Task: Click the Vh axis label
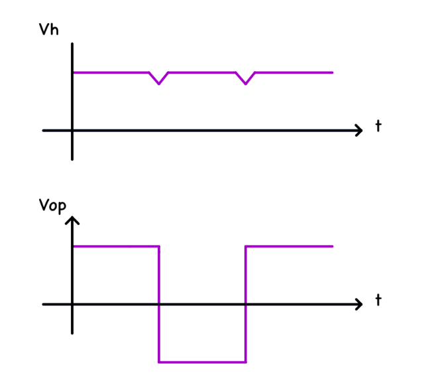pyautogui.click(x=49, y=30)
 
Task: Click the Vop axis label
pyautogui.click(x=52, y=205)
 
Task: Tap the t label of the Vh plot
pyautogui.click(x=378, y=125)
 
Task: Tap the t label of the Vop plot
pyautogui.click(x=378, y=300)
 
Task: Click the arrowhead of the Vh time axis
pyautogui.click(x=359, y=130)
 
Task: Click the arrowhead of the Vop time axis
pyautogui.click(x=359, y=304)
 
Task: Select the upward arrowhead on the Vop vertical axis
pyautogui.click(x=72, y=220)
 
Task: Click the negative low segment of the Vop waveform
pyautogui.click(x=202, y=362)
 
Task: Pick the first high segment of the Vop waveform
pyautogui.click(x=116, y=246)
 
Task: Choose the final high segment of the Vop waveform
pyautogui.click(x=289, y=246)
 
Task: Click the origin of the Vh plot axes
pyautogui.click(x=72, y=130)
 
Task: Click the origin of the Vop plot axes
pyautogui.click(x=72, y=304)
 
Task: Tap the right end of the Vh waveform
pyautogui.click(x=331, y=72)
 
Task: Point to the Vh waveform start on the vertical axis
pyautogui.click(x=73, y=72)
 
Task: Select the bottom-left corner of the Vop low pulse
pyautogui.click(x=159, y=362)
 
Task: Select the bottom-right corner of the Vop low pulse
pyautogui.click(x=246, y=362)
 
